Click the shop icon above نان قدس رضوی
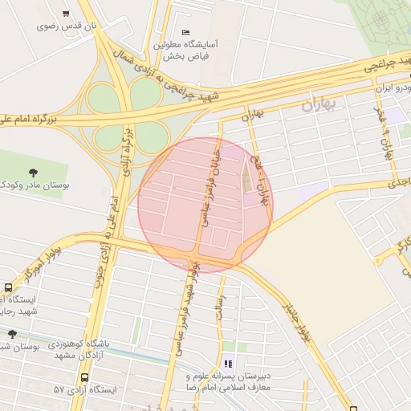[x=65, y=14]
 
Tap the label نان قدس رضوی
[x=66, y=26]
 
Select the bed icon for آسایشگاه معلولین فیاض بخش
[x=186, y=32]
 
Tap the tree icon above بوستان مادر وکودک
[x=33, y=172]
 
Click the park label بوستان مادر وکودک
[x=35, y=185]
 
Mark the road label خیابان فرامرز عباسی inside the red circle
[x=210, y=185]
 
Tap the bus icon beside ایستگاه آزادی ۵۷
[x=85, y=377]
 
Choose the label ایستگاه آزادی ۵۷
[x=85, y=389]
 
